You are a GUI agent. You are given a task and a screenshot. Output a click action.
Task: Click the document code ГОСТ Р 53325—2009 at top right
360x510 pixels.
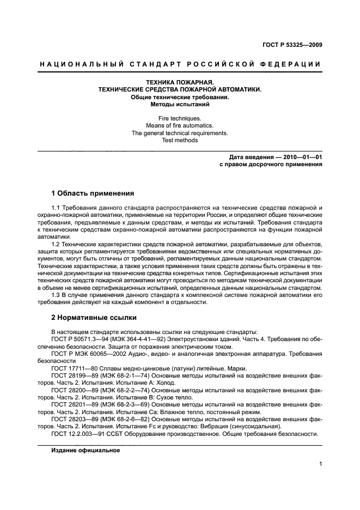tap(292, 45)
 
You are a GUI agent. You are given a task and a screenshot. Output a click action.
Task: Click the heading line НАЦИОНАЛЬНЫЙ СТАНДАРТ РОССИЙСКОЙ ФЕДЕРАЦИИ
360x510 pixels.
tap(180, 64)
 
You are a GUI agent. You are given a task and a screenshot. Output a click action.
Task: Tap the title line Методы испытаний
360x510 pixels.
tap(179, 104)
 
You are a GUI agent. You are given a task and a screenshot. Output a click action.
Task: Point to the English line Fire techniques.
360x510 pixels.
tap(179, 118)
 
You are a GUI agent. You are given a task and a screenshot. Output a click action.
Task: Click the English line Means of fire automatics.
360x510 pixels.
tap(179, 126)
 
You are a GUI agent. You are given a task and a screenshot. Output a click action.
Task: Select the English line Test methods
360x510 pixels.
tap(179, 140)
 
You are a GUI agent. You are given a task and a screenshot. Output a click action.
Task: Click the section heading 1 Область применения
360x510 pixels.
tap(93, 193)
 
